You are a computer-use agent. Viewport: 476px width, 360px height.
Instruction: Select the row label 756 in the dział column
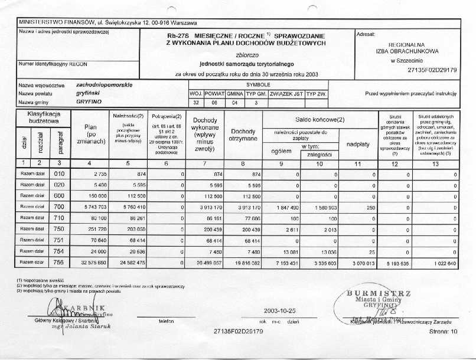[58, 261]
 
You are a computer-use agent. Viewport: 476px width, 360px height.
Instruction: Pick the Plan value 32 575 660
[92, 261]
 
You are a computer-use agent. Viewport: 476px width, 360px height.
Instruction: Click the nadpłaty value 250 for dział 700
[370, 207]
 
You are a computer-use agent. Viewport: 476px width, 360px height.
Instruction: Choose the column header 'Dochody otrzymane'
[243, 135]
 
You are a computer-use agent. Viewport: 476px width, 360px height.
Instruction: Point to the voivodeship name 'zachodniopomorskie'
[104, 85]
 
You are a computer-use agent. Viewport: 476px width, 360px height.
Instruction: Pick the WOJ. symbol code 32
[196, 102]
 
